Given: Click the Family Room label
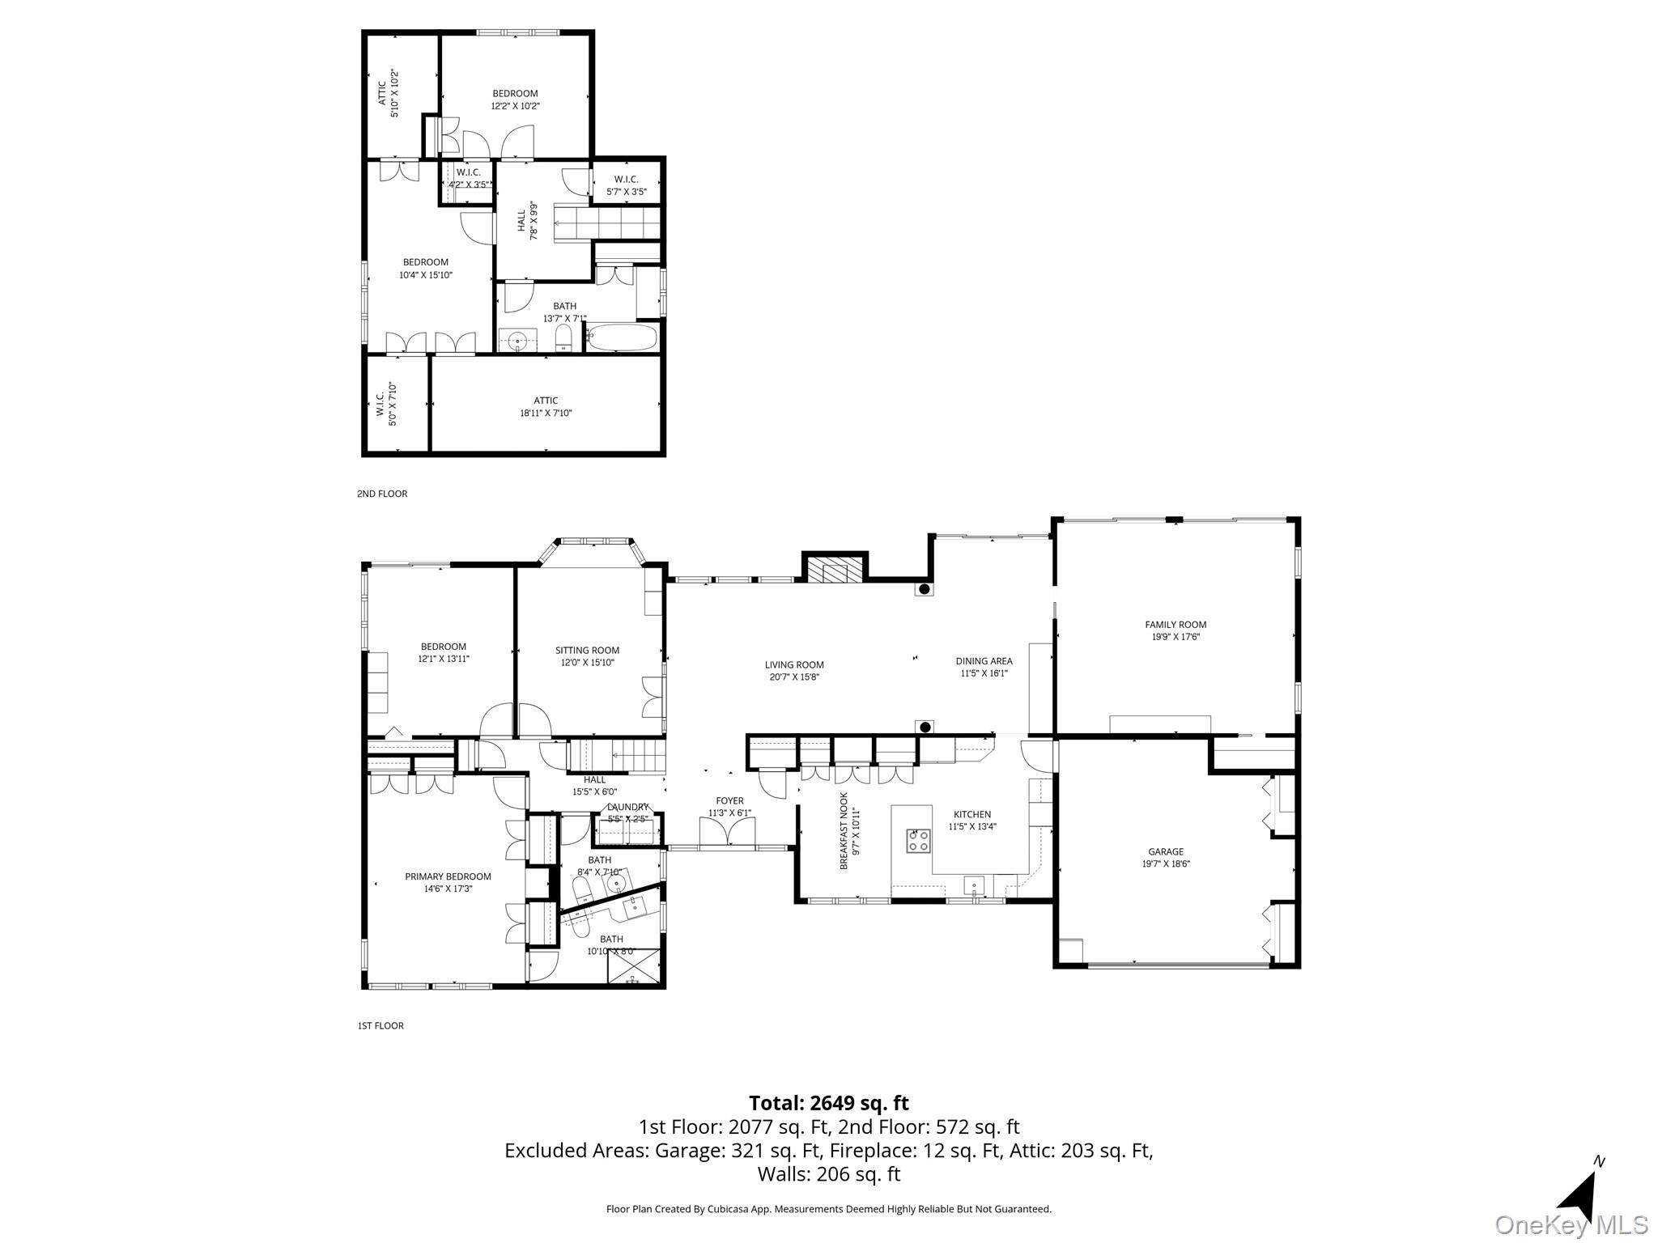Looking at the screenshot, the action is pos(1175,625).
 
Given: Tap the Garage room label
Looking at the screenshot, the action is pos(1166,851).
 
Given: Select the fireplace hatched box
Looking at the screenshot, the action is pos(834,569).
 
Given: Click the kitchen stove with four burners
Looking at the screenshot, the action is pos(918,841).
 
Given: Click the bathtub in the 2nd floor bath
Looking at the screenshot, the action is pos(621,337).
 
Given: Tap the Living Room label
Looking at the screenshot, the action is pos(794,665).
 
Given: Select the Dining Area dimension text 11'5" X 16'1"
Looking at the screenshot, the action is pos(984,672).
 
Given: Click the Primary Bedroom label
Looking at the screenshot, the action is pos(448,876).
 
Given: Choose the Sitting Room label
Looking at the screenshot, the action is pos(587,650).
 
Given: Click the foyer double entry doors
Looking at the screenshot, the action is pos(727,832).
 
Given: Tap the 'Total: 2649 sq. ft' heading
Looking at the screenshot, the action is pos(828,1103).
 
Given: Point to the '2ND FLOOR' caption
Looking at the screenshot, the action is pos(382,494).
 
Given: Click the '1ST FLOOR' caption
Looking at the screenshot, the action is pos(380,1026).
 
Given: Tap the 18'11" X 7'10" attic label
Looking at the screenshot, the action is pos(546,413).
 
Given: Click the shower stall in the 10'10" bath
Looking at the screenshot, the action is pos(634,966).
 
